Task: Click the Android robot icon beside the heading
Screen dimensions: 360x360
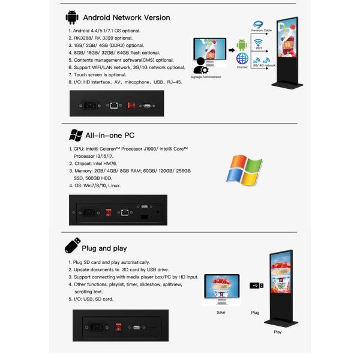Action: click(72, 16)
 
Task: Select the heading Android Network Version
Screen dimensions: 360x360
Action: click(126, 17)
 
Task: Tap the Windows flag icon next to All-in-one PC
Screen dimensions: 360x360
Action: click(76, 135)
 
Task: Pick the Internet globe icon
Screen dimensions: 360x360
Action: click(242, 60)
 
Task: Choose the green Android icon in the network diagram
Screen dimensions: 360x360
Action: click(242, 44)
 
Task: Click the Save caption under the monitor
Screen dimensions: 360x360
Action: click(221, 313)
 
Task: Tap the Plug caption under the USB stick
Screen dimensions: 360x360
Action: click(254, 313)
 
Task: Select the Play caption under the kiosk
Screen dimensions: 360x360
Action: click(277, 331)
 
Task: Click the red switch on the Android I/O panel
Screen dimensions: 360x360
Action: click(130, 106)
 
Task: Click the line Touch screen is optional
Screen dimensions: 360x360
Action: click(101, 74)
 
